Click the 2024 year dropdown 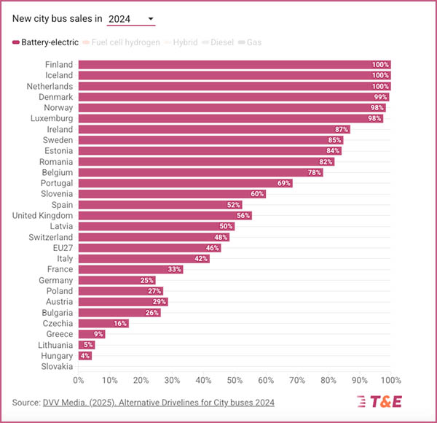coord(131,18)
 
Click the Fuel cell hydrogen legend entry coord(121,42)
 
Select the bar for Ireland coord(213,129)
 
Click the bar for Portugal coord(185,183)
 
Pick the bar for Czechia coord(103,323)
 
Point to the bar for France coord(130,269)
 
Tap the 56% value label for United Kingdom coord(243,216)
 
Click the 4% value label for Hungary coord(85,356)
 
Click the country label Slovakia coord(58,367)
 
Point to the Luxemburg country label coord(52,118)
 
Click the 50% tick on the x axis coord(235,381)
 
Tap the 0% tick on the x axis coord(79,381)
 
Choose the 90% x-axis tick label coord(360,381)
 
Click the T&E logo coord(379,402)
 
